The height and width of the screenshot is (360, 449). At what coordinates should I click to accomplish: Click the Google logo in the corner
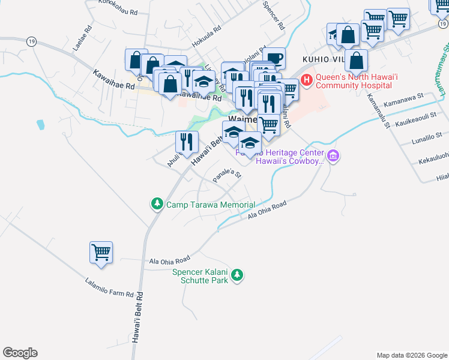20,353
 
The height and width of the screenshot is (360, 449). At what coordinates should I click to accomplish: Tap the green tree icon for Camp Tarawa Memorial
157,204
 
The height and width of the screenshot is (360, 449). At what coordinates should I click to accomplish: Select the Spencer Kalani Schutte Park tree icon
238,275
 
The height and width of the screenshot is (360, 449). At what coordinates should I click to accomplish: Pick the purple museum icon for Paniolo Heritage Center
333,157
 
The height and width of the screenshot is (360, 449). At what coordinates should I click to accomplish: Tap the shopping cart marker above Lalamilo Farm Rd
101,253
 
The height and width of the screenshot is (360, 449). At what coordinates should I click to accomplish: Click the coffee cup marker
274,58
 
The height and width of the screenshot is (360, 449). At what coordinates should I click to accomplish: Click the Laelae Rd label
80,37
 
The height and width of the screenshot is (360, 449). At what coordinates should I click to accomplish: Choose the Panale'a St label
227,176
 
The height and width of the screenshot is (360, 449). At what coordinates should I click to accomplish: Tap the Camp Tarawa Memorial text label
210,205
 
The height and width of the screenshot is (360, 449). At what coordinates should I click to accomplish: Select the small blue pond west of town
40,125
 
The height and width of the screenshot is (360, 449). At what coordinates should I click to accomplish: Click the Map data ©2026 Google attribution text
411,355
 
